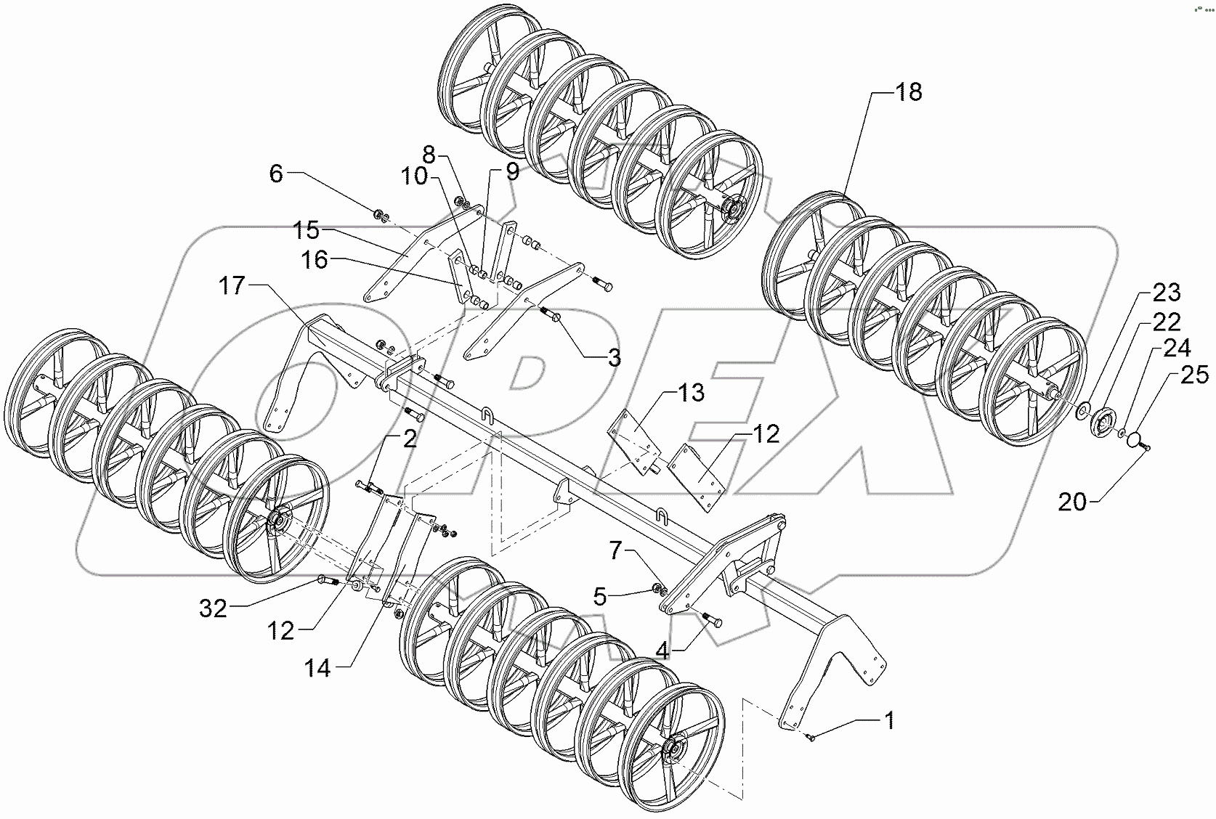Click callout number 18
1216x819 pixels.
pyautogui.click(x=908, y=92)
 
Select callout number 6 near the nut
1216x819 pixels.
pyautogui.click(x=275, y=174)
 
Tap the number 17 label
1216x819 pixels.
pyautogui.click(x=233, y=286)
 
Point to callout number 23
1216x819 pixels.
pyautogui.click(x=1166, y=293)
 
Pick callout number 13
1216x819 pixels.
pyautogui.click(x=690, y=393)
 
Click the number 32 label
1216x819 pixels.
pyautogui.click(x=214, y=608)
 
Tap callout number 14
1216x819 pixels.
pyautogui.click(x=317, y=668)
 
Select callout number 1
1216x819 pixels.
pyautogui.click(x=888, y=721)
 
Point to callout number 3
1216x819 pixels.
pyautogui.click(x=614, y=357)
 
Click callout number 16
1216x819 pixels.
pyautogui.click(x=315, y=260)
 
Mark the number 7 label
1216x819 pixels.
pyautogui.click(x=615, y=552)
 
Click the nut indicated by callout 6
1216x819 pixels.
pyautogui.click(x=380, y=214)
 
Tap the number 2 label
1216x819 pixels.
pyautogui.click(x=410, y=439)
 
